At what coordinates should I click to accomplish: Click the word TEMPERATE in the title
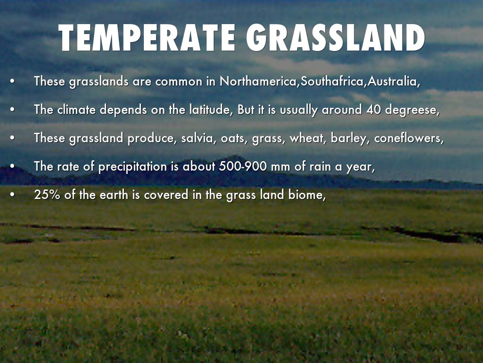tap(147, 37)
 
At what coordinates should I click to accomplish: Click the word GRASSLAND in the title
tap(336, 37)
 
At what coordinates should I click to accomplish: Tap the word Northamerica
tap(259, 81)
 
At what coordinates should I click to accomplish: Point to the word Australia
tap(392, 81)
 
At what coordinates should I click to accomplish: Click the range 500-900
tap(243, 166)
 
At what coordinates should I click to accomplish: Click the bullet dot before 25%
tap(12, 195)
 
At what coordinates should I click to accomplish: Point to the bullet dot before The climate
tap(12, 110)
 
